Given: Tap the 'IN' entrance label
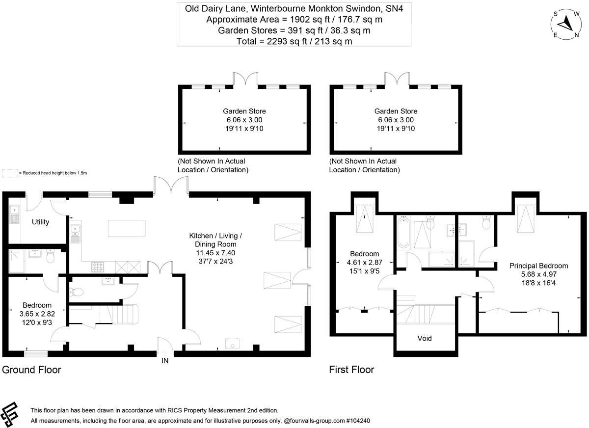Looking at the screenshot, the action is coord(165,361).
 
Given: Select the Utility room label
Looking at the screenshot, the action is coord(40,222).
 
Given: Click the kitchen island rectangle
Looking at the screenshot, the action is coord(127,228).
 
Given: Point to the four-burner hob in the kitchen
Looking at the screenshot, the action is coord(98,267).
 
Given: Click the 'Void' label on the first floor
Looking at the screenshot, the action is coord(425,338).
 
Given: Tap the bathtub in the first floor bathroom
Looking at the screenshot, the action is coord(403,232).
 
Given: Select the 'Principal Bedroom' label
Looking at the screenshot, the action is coord(538,266).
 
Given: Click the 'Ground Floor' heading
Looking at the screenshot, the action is coord(31,370).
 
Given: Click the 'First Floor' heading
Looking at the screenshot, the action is coord(351,370).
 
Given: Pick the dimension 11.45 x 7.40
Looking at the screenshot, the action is coord(215,253).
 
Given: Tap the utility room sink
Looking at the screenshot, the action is coord(14,214).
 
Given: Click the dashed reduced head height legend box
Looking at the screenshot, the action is coord(10,173).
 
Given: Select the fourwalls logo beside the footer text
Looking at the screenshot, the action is coord(9,415).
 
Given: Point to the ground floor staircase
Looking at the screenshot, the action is coord(123,314).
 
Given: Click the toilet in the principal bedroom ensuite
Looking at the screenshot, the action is coord(486,222).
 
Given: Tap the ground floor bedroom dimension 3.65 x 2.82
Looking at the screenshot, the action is coord(37,314).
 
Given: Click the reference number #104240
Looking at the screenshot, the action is coord(358,421).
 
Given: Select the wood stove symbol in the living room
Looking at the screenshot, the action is coord(233,343).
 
